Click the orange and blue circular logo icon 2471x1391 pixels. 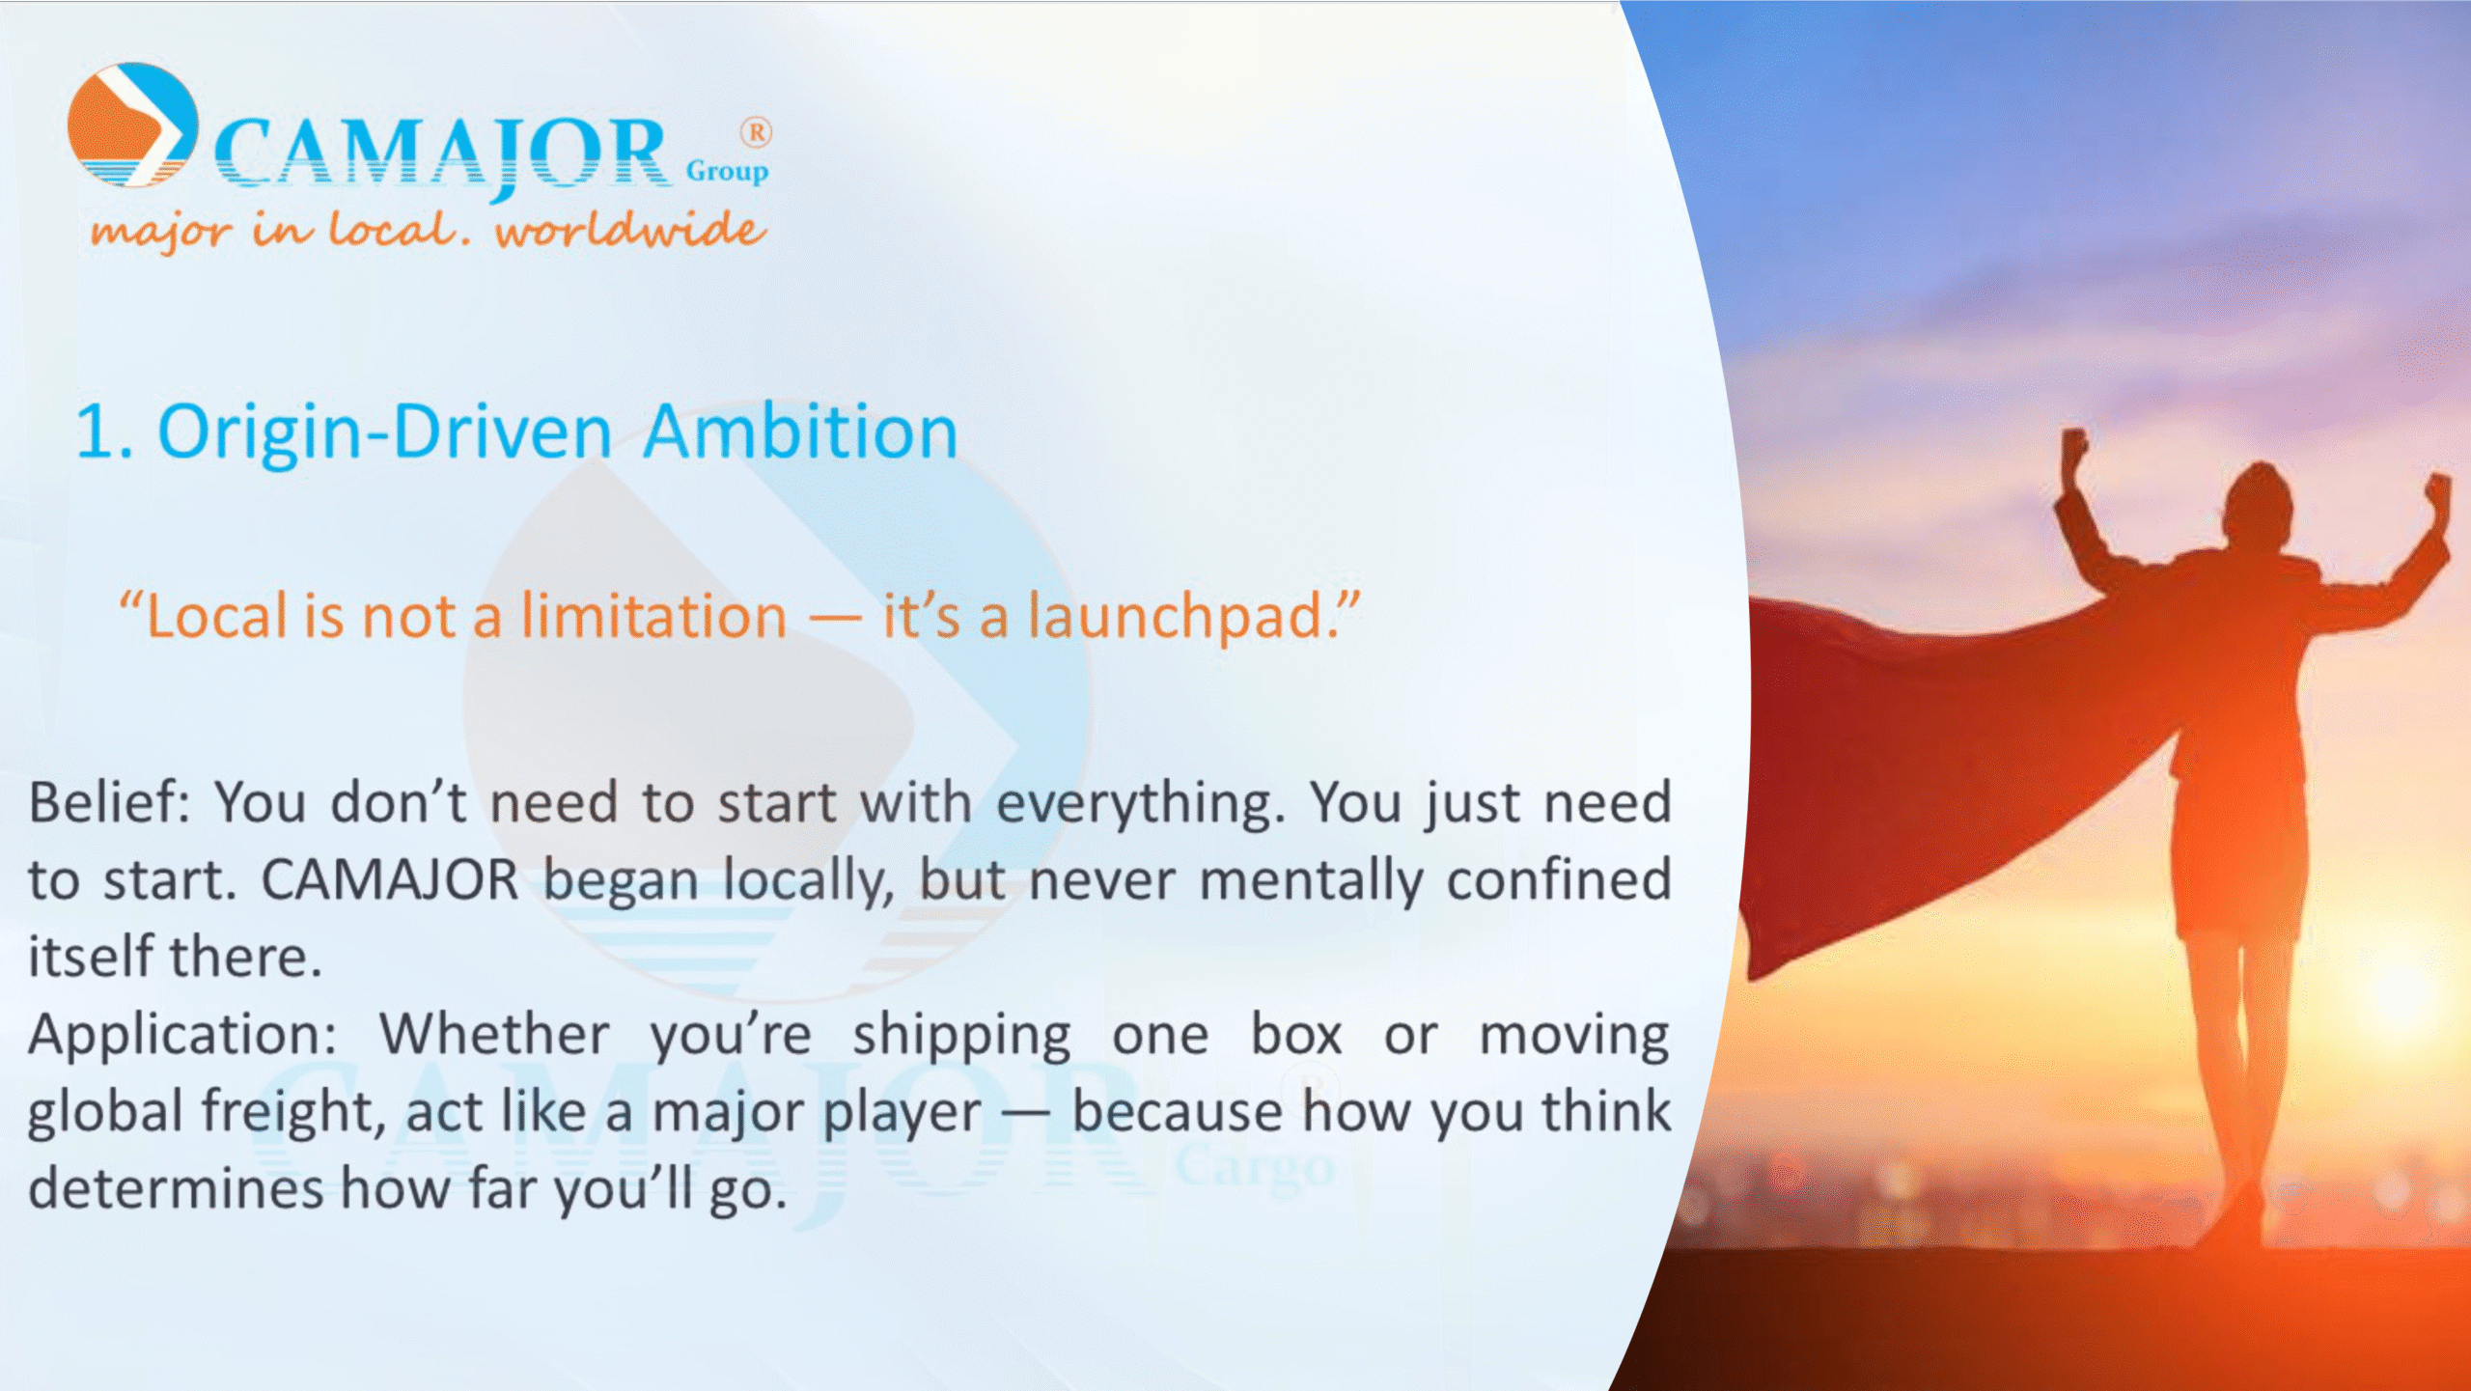133,125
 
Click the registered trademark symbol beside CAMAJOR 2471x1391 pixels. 756,132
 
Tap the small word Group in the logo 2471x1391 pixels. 727,172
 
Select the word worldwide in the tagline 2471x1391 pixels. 630,230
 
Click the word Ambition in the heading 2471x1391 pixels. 800,431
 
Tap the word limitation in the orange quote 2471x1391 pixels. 654,616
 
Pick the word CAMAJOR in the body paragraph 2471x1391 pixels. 390,879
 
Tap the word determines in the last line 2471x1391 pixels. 175,1188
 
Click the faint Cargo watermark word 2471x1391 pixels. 1255,1168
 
